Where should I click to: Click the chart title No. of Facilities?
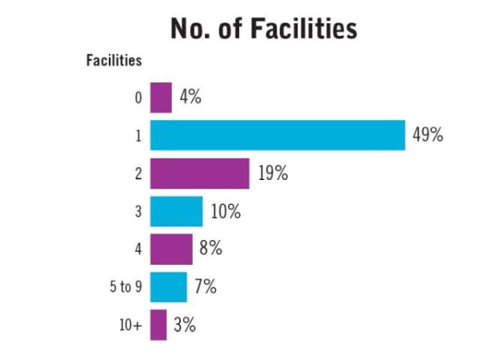[263, 29]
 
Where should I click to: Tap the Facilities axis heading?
[114, 60]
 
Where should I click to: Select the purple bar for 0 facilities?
[161, 98]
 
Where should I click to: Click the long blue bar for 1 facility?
[277, 135]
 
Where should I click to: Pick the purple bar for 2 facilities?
[199, 174]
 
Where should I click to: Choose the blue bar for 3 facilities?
[176, 211]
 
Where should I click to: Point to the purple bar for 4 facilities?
[171, 249]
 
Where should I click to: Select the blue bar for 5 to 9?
[168, 286]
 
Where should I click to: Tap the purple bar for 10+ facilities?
[158, 325]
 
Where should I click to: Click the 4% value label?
[190, 98]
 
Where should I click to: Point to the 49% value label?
[427, 135]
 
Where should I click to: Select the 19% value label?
[273, 174]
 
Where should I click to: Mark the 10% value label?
[226, 211]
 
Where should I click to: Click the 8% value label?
[210, 249]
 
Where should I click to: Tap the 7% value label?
[205, 286]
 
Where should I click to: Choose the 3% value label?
[184, 325]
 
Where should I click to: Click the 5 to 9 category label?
[126, 286]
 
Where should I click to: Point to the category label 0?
[138, 98]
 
